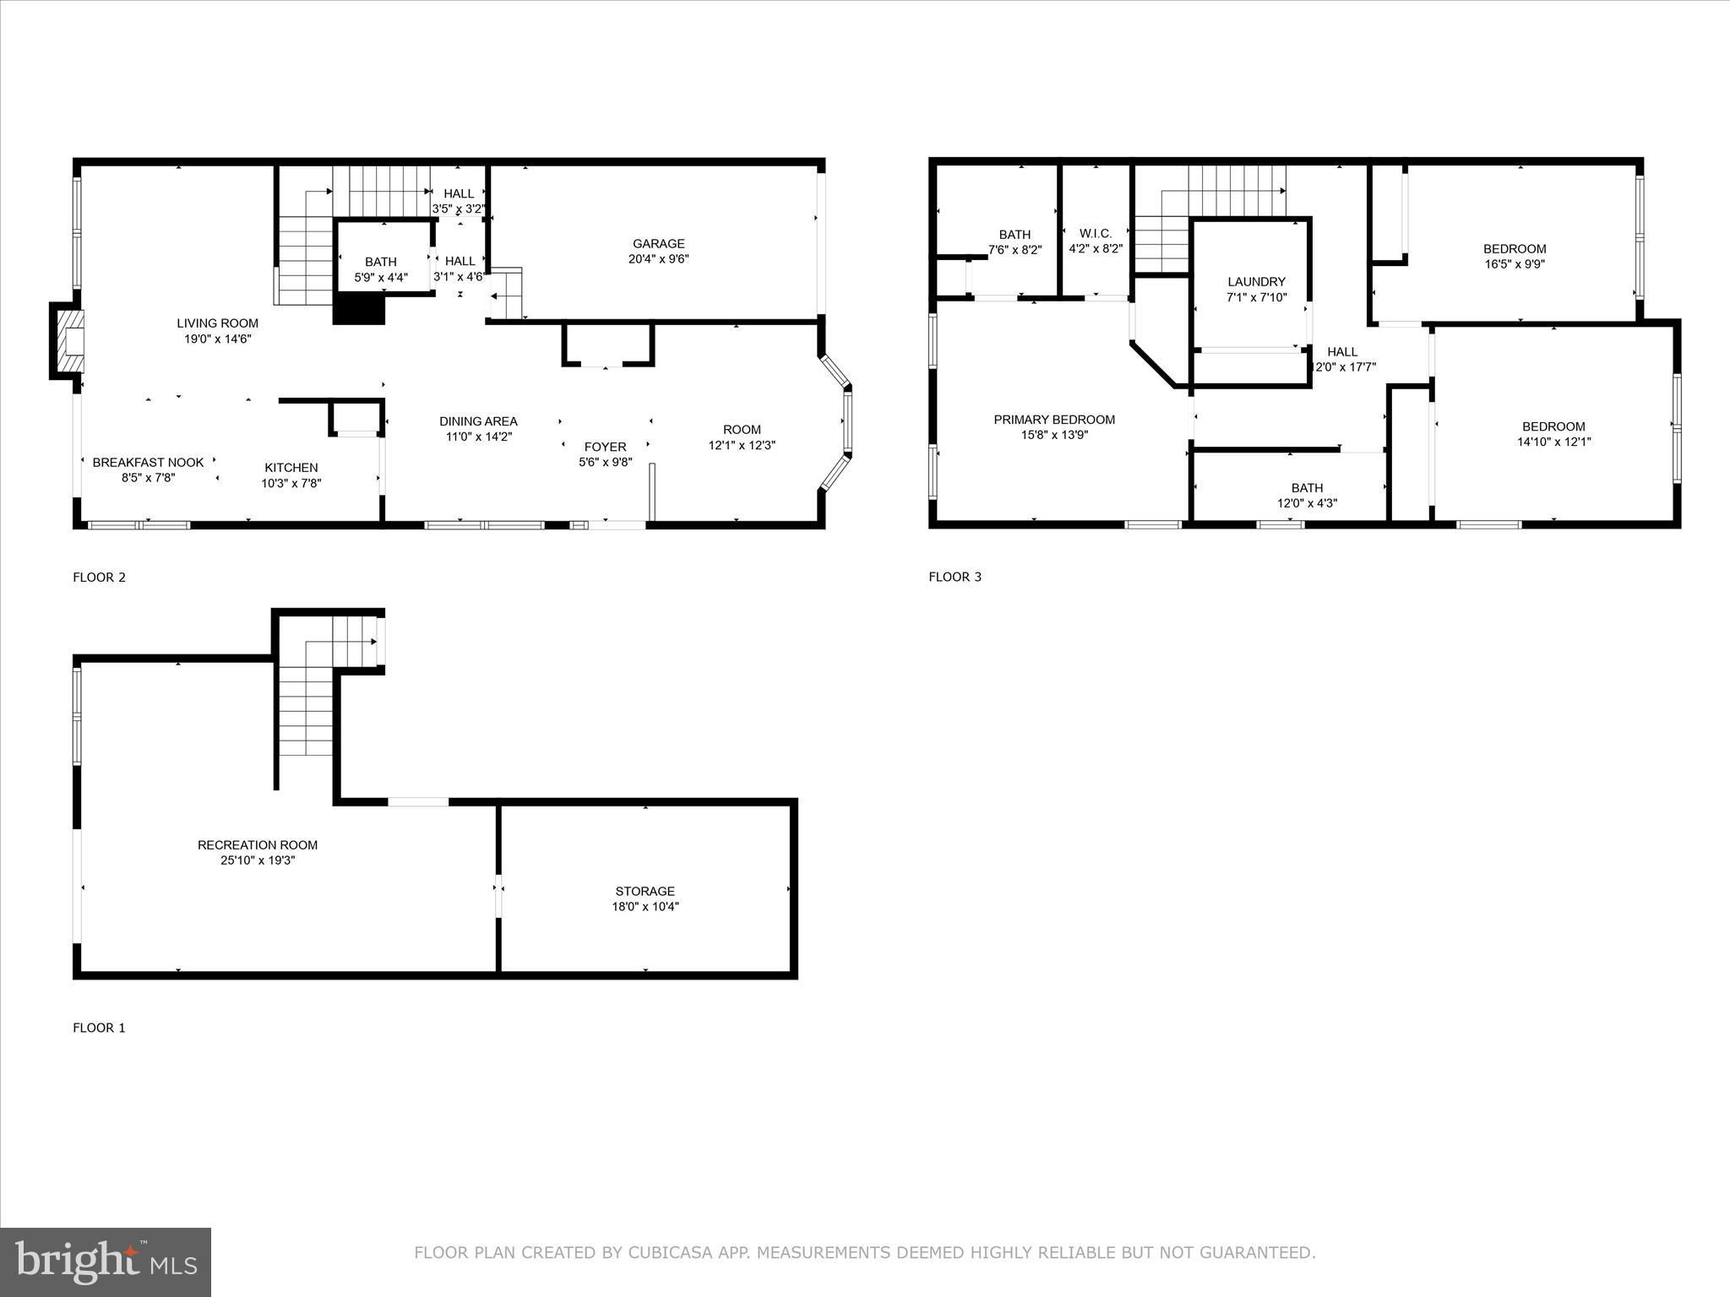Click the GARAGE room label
(658, 244)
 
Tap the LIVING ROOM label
(217, 323)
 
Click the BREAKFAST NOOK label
(148, 463)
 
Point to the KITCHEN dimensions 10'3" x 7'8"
(291, 484)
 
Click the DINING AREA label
(478, 421)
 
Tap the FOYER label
(605, 447)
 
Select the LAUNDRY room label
(1256, 282)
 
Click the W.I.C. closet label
(1095, 234)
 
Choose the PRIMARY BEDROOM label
(1054, 420)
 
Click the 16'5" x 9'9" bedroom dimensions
(1515, 264)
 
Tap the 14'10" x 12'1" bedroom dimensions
(1553, 442)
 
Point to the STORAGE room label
(645, 891)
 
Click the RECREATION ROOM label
(258, 844)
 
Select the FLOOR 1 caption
(99, 1028)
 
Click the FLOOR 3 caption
(955, 577)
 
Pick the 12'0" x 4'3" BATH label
(1307, 488)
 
